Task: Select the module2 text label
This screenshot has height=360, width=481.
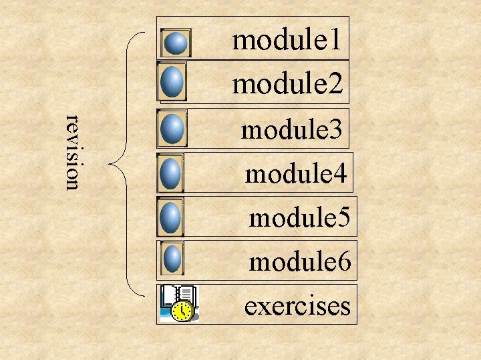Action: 287,84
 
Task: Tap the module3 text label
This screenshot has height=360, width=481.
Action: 293,129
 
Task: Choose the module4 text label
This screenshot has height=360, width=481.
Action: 296,174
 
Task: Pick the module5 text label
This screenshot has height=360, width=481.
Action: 299,217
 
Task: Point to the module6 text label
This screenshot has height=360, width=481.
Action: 300,261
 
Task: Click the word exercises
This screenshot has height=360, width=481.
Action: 297,306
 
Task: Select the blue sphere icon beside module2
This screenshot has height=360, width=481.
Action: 173,82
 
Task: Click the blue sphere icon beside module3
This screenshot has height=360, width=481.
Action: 173,128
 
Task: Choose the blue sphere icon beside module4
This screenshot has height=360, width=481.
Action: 172,173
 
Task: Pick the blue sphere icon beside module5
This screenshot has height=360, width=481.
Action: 172,217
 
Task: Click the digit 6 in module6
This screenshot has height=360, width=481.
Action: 343,261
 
